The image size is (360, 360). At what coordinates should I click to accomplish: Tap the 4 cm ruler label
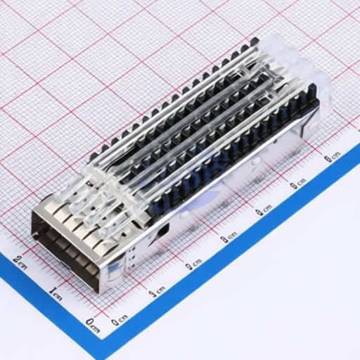coord(264,211)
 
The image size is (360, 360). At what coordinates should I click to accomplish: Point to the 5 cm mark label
coord(298,184)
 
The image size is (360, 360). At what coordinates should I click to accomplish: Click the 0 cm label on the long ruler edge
coord(120,319)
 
